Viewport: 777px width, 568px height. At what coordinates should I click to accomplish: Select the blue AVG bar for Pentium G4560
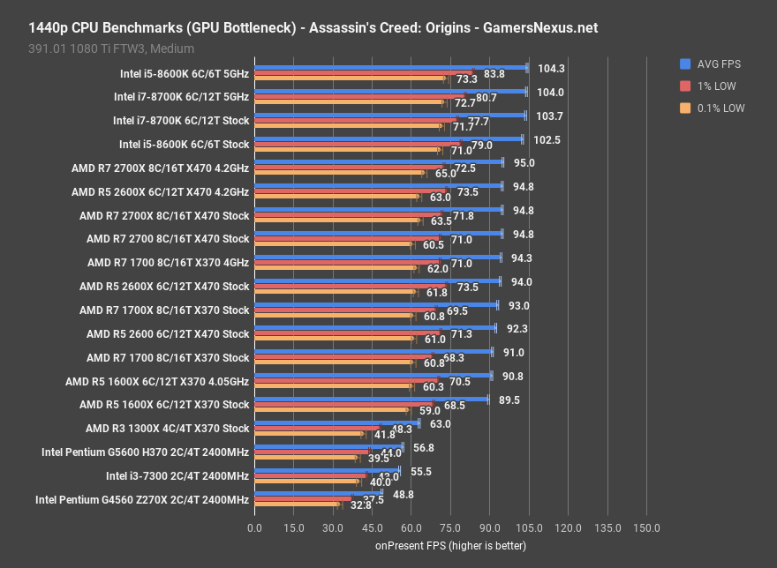[x=318, y=493]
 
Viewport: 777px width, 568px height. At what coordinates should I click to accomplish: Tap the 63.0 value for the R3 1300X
[x=440, y=423]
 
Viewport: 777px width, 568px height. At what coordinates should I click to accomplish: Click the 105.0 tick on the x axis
[x=528, y=527]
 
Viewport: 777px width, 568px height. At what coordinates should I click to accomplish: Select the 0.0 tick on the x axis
[x=254, y=527]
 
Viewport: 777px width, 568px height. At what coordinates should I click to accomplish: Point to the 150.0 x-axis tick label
[x=645, y=527]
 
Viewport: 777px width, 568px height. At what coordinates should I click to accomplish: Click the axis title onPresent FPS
[x=450, y=545]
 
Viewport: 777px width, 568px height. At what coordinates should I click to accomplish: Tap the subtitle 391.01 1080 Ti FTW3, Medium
[x=110, y=49]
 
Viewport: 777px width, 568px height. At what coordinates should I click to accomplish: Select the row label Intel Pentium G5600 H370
[x=146, y=452]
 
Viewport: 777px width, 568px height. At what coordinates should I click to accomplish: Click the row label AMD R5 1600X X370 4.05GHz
[x=157, y=381]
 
